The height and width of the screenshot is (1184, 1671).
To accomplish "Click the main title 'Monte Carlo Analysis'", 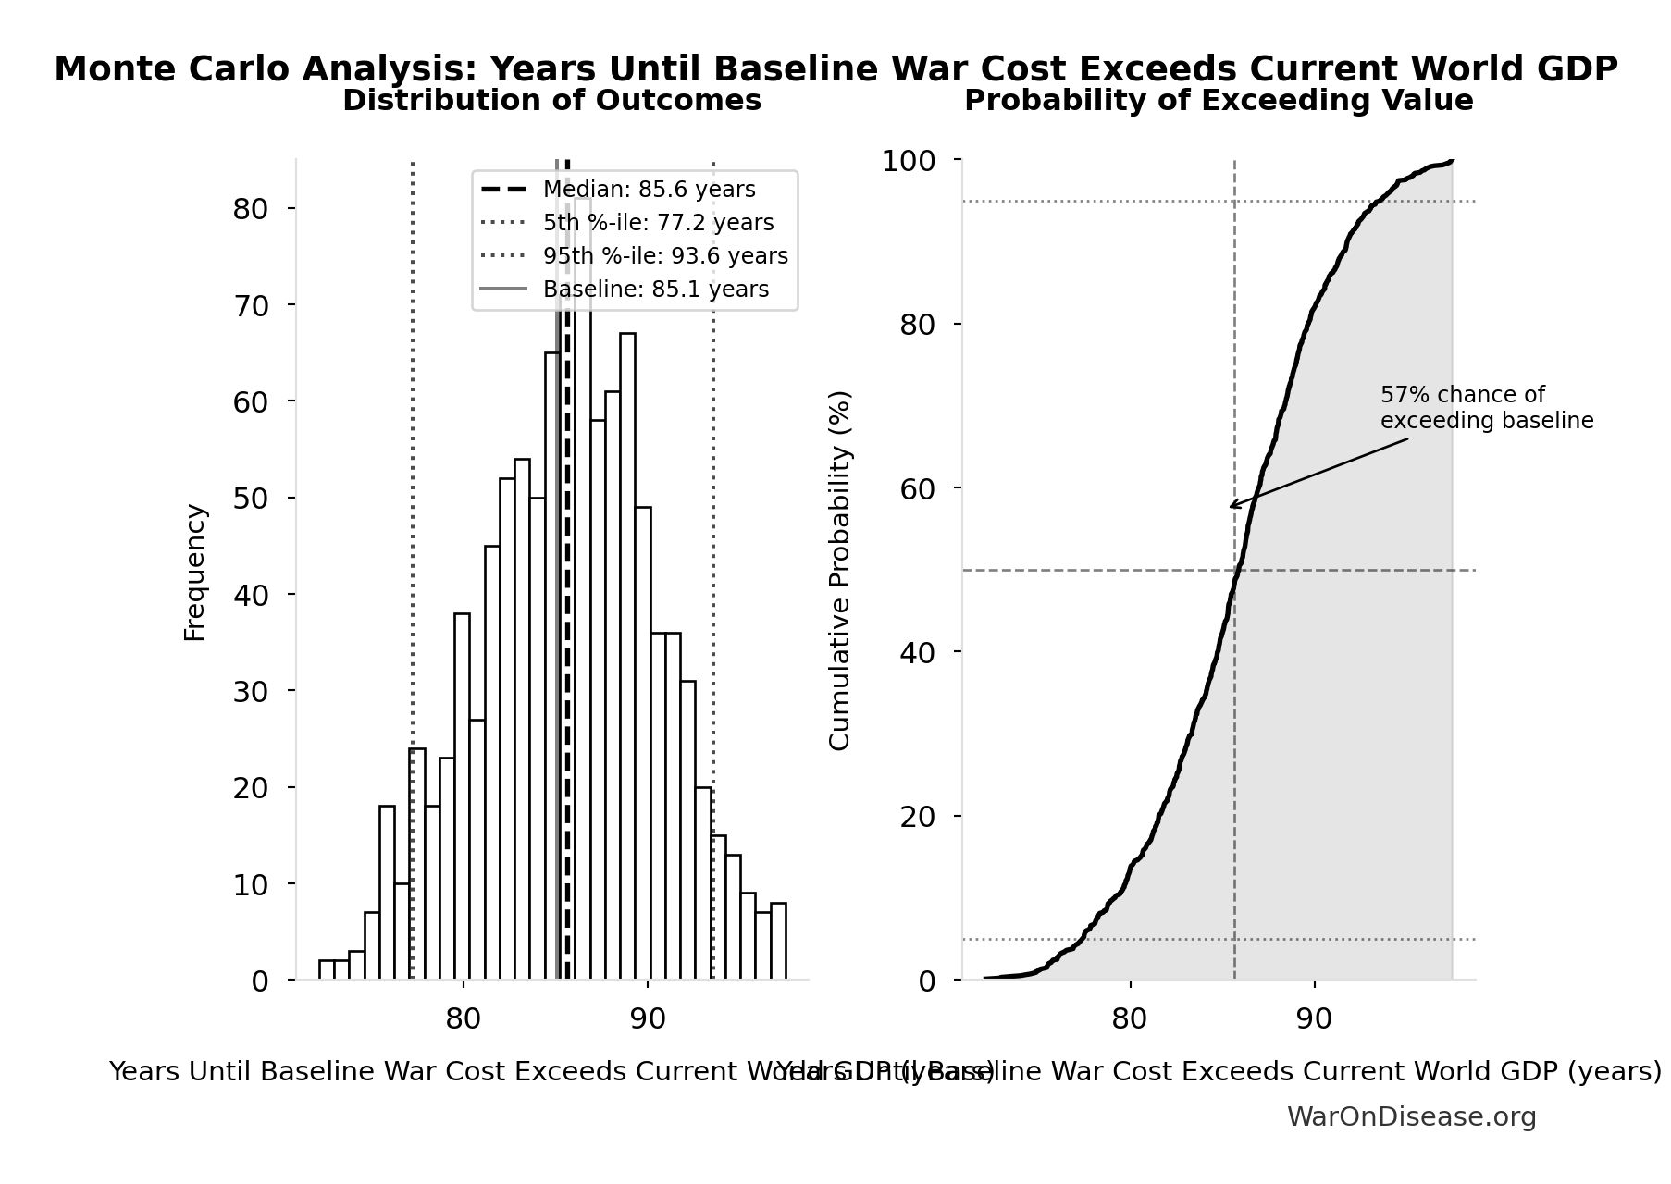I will pyautogui.click(x=835, y=69).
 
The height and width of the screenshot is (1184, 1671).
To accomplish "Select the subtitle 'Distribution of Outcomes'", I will pyautogui.click(x=551, y=101).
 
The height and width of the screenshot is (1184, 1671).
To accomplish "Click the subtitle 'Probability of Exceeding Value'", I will pyautogui.click(x=1218, y=101).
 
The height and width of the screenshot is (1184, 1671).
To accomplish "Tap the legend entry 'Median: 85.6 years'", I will pyautogui.click(x=649, y=190).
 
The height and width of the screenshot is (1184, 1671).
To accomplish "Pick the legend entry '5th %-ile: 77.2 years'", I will pyautogui.click(x=658, y=223).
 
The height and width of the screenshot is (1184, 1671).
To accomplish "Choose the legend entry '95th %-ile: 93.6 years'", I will pyautogui.click(x=665, y=256).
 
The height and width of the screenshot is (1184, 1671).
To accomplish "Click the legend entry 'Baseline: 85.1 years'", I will pyautogui.click(x=655, y=290).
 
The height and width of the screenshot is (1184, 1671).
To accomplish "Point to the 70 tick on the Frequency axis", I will pyautogui.click(x=250, y=305).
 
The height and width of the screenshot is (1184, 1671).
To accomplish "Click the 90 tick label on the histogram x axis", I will pyautogui.click(x=647, y=1019).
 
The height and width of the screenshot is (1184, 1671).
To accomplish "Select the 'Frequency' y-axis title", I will pyautogui.click(x=195, y=572).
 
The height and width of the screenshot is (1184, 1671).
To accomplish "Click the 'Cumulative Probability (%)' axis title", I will pyautogui.click(x=839, y=570).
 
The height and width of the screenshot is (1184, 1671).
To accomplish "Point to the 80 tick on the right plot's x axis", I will pyautogui.click(x=1129, y=1019).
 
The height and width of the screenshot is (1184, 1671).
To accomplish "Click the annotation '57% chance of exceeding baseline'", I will pyautogui.click(x=1486, y=408).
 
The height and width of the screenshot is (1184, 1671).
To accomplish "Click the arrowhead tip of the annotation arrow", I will pyautogui.click(x=1230, y=507).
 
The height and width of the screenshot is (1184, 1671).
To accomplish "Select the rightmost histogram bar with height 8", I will pyautogui.click(x=778, y=941).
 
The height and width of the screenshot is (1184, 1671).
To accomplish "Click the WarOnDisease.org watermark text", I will pyautogui.click(x=1411, y=1117).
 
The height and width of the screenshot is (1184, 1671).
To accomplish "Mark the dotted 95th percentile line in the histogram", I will pyautogui.click(x=712, y=555).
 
